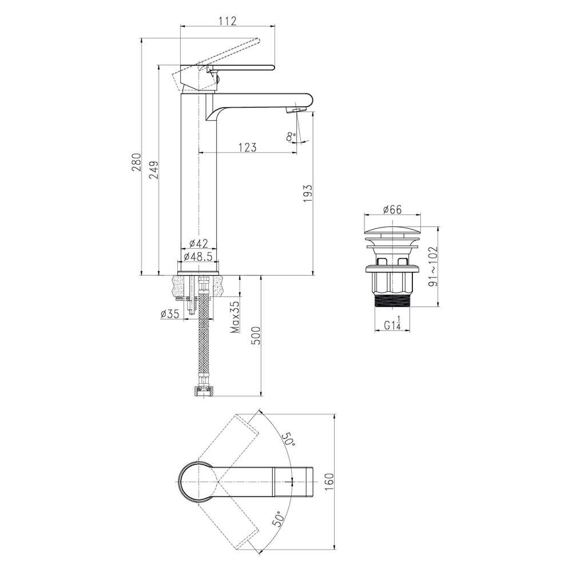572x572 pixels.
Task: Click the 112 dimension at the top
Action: pyautogui.click(x=228, y=21)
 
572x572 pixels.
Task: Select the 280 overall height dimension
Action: pyautogui.click(x=136, y=162)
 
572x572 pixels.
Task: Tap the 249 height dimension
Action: pyautogui.click(x=153, y=170)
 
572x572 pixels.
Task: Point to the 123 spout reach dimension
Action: pyautogui.click(x=248, y=147)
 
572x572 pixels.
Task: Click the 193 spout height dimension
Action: pyautogui.click(x=308, y=194)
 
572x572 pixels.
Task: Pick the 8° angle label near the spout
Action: pyautogui.click(x=291, y=137)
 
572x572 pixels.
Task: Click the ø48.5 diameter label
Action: pyautogui.click(x=198, y=256)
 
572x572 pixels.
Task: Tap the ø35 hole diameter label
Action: pyautogui.click(x=170, y=313)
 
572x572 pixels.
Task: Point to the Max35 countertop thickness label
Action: pyautogui.click(x=235, y=317)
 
